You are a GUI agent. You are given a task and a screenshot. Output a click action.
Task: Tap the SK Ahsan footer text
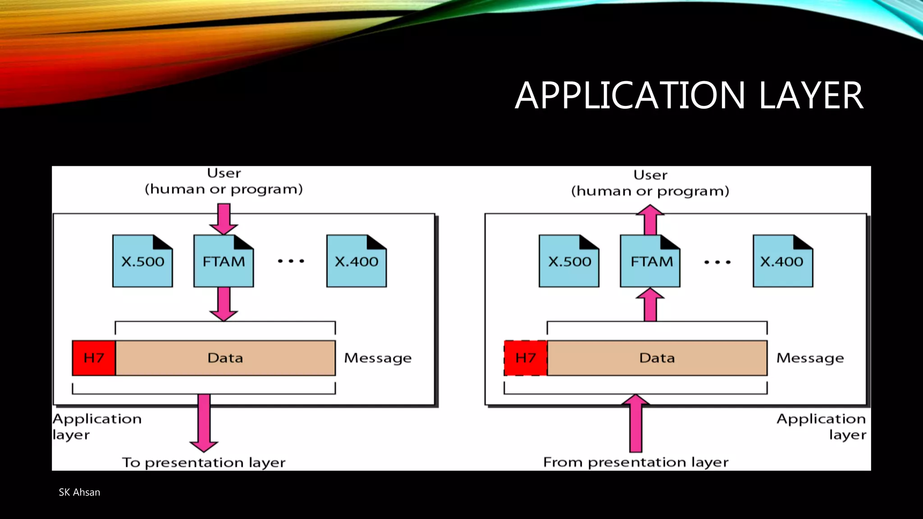79,492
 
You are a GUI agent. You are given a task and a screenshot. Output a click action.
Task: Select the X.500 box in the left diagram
142,262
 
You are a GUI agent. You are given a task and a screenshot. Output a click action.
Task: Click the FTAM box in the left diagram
224,262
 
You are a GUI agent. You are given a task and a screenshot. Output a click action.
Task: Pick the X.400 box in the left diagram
356,262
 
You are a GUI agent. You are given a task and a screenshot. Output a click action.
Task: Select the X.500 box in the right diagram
569,262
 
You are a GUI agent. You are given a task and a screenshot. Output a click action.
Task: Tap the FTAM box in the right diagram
650,262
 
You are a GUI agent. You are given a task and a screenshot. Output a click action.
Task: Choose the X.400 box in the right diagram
783,262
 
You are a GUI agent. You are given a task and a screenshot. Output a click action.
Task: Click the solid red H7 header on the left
94,358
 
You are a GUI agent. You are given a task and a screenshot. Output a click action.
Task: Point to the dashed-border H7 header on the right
525,358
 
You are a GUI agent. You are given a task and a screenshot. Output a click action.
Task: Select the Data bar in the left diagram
225,358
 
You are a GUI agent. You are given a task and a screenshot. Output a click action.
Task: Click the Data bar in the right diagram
657,358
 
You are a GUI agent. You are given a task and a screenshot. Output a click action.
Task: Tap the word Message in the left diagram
378,358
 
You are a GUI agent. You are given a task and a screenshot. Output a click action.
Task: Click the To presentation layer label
204,463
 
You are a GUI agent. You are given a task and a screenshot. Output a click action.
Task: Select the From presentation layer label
635,462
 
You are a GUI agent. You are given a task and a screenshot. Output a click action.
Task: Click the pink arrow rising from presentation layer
635,423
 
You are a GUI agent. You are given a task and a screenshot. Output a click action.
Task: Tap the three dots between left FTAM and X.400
291,261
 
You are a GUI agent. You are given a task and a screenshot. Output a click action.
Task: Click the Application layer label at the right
821,426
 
